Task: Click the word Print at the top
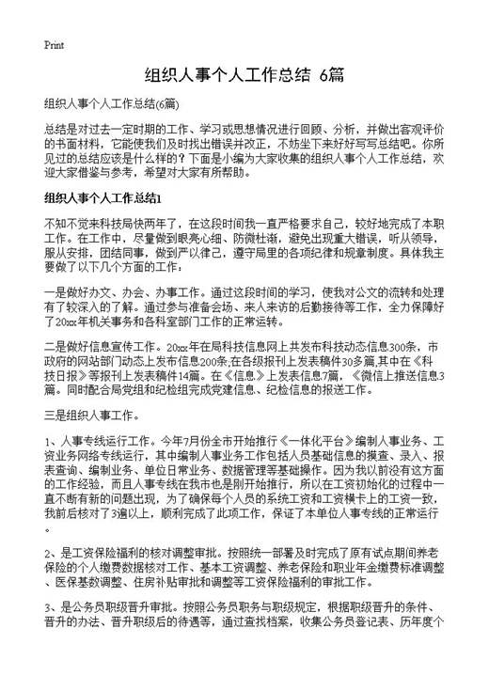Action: point(54,45)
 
